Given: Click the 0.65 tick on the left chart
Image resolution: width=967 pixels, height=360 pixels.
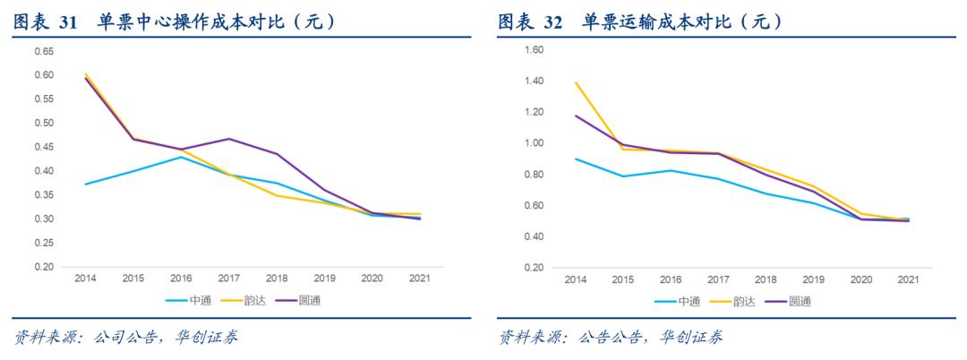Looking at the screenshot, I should tap(44, 51).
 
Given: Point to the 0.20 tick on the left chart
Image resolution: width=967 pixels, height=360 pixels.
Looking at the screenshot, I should tap(44, 267).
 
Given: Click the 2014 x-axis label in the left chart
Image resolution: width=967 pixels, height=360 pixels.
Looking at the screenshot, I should tap(86, 279).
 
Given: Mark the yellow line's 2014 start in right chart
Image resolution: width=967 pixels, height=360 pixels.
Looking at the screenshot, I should tap(574, 82).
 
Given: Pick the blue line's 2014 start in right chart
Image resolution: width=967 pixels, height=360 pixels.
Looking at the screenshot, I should tap(574, 159).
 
